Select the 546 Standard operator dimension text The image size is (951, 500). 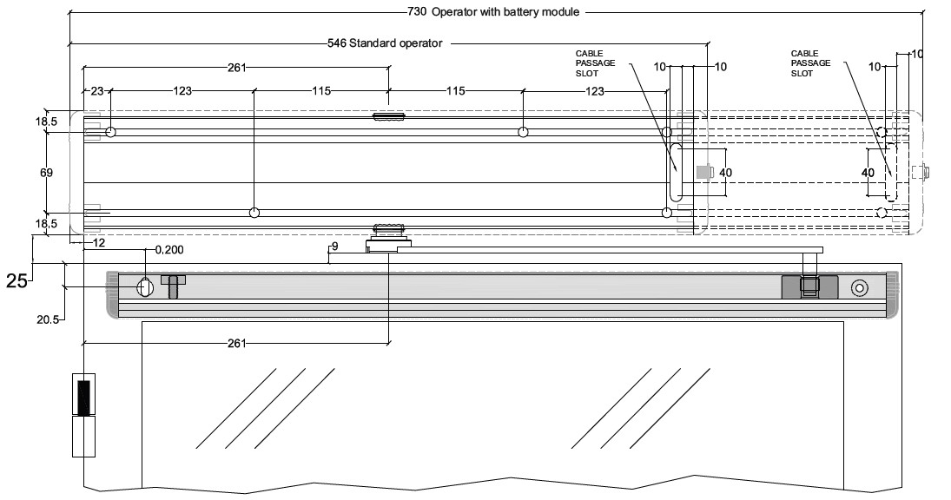pos(385,43)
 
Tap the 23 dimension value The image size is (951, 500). pos(97,91)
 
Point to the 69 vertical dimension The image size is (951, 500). pos(46,173)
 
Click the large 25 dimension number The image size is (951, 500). pos(17,280)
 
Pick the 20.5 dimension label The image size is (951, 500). pos(47,319)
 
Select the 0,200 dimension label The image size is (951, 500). pos(169,250)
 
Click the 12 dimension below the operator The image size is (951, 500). pos(99,242)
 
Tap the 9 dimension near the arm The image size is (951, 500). pos(334,246)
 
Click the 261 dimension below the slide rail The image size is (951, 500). pos(236,344)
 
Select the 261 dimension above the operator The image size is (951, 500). pos(236,67)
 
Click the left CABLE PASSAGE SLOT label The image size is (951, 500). pos(595,63)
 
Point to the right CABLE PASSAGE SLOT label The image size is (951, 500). pos(810,63)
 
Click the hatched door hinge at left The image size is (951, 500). pos(83,398)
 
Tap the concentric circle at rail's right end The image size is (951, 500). pos(860,288)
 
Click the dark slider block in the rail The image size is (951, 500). pos(809,286)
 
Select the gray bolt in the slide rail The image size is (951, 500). pos(173,286)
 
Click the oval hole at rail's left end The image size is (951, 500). pos(145,286)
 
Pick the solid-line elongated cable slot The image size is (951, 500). pos(676,173)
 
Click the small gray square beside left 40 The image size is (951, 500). pos(703,172)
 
